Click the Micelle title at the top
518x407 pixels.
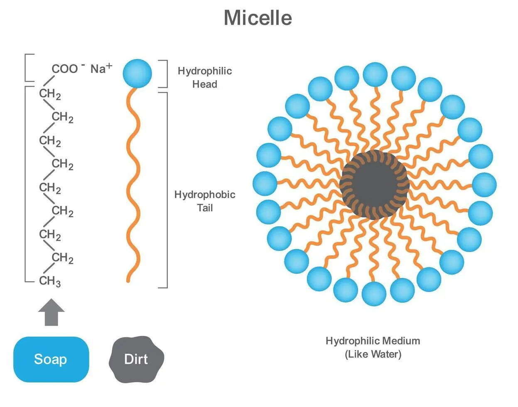tap(258, 18)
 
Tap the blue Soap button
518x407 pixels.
tap(51, 359)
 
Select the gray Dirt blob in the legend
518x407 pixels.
tap(136, 359)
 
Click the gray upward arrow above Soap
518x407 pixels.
tap(51, 312)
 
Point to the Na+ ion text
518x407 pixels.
tap(101, 69)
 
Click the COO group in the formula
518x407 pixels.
tap(65, 69)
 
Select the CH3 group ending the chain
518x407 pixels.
tap(50, 281)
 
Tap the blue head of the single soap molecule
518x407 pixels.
tap(137, 74)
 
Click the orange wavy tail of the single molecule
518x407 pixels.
tap(133, 185)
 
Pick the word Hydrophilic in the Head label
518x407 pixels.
tap(205, 71)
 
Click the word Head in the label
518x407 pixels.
tap(205, 84)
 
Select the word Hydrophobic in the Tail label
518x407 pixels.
tap(205, 195)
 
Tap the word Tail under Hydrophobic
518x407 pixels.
tap(205, 208)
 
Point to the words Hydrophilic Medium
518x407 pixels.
tap(373, 341)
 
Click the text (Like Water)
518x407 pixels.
tap(373, 354)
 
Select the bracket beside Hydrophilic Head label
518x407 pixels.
tap(165, 74)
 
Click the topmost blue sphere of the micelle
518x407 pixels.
tap(375, 75)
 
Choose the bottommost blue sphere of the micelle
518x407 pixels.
tap(374, 294)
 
